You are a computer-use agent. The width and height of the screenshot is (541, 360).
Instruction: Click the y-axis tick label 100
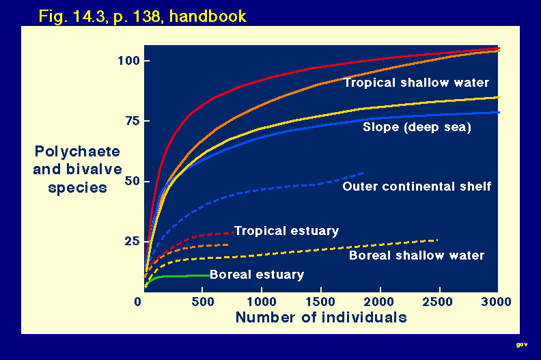128,61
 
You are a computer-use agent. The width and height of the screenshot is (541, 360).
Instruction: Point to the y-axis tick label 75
133,121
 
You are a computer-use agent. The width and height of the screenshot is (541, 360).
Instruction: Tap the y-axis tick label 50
133,181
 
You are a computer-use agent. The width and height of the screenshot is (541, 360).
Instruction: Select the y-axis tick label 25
133,241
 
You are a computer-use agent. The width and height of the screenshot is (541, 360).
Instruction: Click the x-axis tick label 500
203,302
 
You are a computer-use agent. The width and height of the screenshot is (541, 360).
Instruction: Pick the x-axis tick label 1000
262,302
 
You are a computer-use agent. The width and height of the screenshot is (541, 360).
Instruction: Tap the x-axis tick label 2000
379,302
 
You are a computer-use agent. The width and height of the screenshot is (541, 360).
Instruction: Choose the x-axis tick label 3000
496,302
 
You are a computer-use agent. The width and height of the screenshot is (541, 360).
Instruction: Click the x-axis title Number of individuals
321,317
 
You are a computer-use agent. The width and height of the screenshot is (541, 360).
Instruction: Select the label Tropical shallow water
417,83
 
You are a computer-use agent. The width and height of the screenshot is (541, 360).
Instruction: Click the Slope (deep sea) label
417,127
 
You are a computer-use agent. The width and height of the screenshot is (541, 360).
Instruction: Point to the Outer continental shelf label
417,186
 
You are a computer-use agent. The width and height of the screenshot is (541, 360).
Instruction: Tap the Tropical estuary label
287,231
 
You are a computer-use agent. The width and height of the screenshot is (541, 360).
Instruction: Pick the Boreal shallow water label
417,255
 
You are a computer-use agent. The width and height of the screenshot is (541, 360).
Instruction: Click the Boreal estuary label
257,275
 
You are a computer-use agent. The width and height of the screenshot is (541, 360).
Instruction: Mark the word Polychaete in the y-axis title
77,152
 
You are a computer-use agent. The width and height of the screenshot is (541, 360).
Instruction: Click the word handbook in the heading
208,16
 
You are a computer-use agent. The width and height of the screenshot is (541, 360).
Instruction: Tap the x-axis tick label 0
138,302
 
